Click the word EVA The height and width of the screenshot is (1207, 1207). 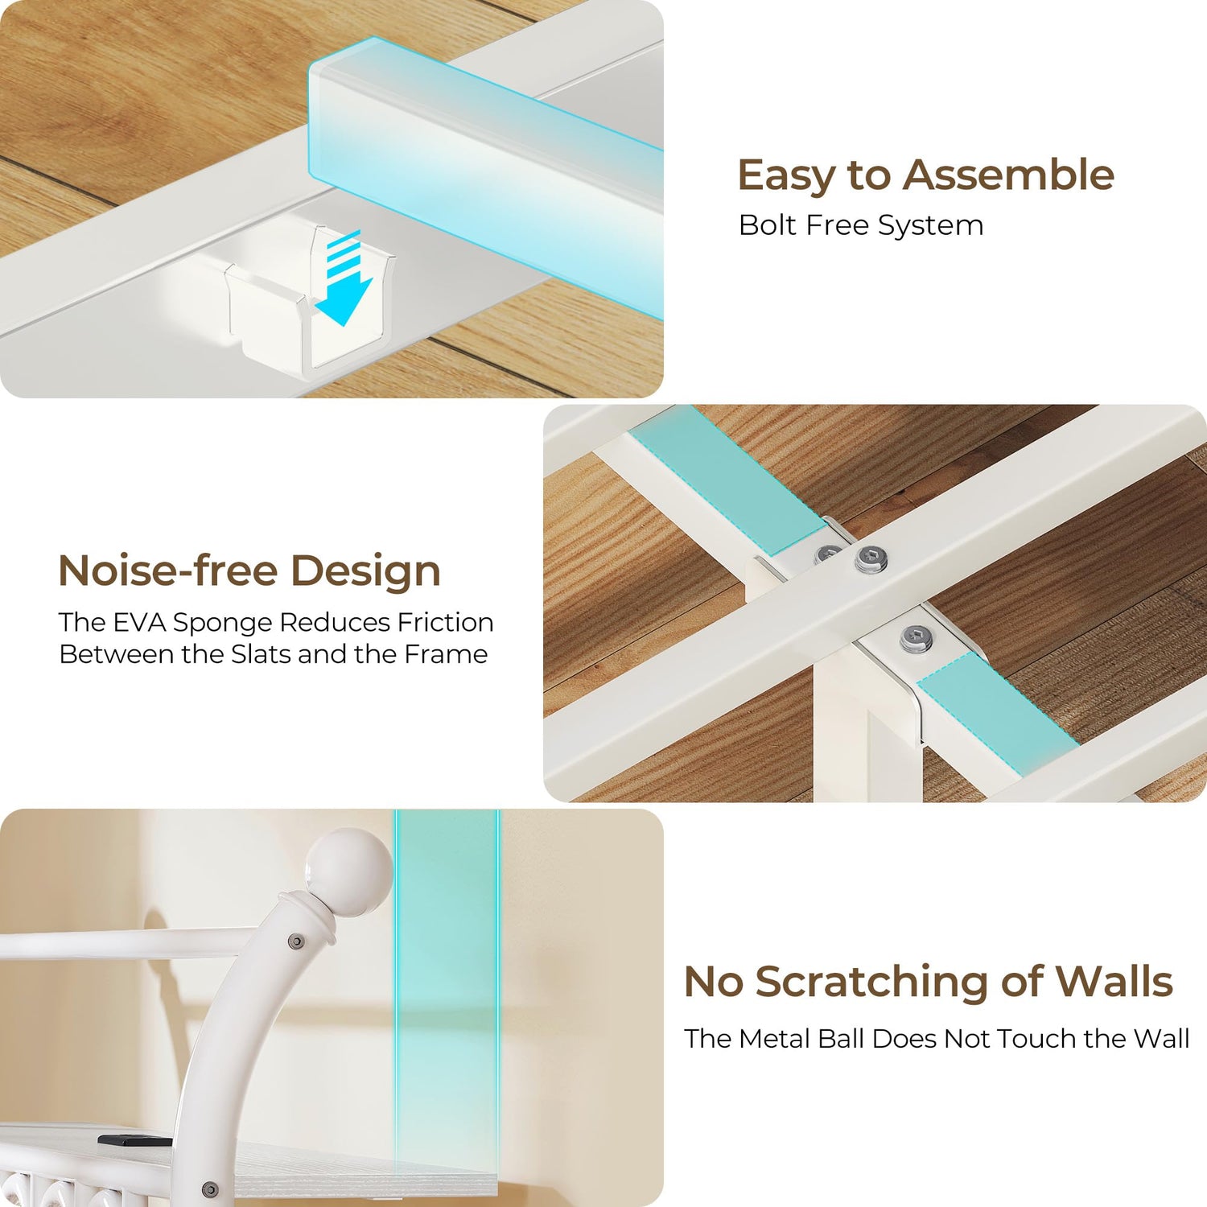[140, 622]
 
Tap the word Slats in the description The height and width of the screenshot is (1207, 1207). [261, 654]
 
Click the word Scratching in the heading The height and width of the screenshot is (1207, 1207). [871, 982]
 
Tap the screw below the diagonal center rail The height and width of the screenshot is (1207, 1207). [917, 638]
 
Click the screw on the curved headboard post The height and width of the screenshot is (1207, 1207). [296, 941]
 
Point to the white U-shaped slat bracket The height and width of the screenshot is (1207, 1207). [310, 306]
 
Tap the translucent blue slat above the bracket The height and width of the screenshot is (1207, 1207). [485, 177]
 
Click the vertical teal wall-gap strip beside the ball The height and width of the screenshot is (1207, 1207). [447, 1006]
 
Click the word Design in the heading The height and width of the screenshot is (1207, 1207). [365, 572]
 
